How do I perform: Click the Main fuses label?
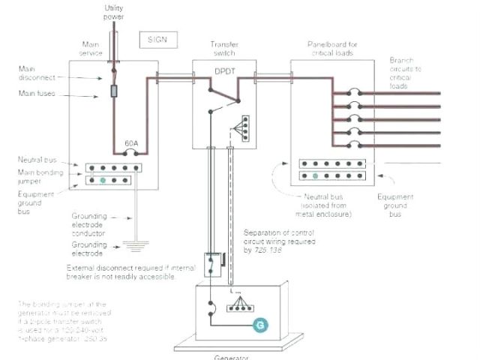pos(37,94)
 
